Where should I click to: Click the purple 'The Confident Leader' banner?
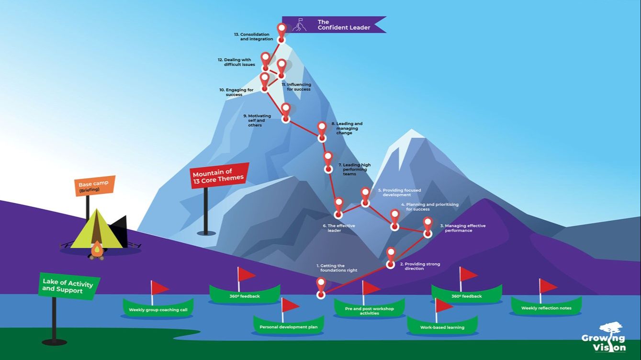click(x=334, y=25)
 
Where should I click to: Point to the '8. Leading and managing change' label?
click(x=349, y=128)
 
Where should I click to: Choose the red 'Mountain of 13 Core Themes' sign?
click(x=220, y=175)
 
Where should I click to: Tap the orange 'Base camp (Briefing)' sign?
click(x=94, y=186)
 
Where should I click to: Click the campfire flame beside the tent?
click(x=97, y=249)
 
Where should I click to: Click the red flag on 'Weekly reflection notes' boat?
click(x=549, y=286)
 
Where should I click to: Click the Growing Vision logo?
click(x=603, y=337)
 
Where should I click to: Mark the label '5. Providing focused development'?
click(x=399, y=192)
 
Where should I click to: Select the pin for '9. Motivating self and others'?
click(x=286, y=112)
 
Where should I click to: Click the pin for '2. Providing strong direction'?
click(x=391, y=256)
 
